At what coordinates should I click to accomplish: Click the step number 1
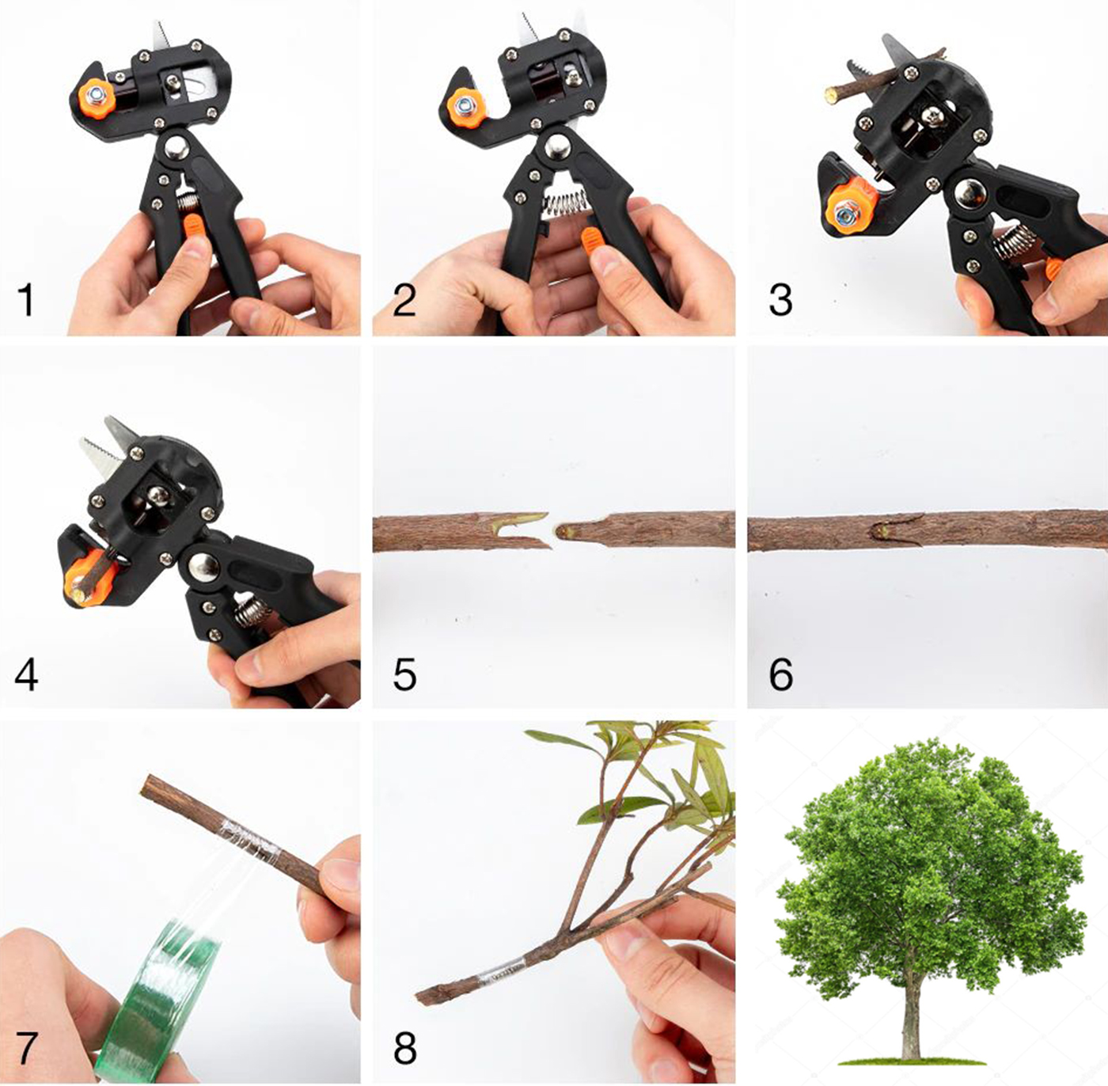(26, 299)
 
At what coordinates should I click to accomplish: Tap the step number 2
(404, 299)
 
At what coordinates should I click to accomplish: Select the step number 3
(780, 299)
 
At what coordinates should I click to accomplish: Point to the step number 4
(26, 674)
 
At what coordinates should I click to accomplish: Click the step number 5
(404, 674)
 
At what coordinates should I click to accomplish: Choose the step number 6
(781, 674)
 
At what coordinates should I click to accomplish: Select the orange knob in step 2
(465, 105)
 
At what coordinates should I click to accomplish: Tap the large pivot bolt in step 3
(971, 196)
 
